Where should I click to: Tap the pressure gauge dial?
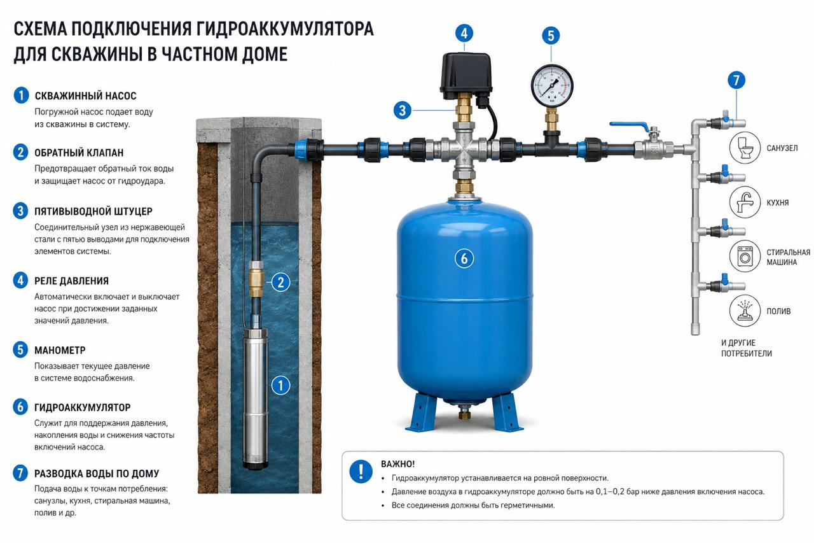552,86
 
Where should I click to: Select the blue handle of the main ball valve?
629,126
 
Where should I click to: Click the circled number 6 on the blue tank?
464,258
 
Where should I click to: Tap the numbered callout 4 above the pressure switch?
464,34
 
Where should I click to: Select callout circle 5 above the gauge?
551,36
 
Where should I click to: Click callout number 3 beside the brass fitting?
403,110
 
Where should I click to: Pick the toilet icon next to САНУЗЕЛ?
745,148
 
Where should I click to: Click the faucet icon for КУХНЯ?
745,202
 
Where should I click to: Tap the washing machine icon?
745,257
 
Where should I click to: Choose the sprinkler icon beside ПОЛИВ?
745,311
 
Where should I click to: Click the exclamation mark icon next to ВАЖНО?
361,471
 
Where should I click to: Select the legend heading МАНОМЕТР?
60,350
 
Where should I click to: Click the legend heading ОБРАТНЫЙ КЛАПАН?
79,153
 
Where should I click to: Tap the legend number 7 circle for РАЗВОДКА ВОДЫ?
20,473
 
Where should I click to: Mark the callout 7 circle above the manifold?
736,80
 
